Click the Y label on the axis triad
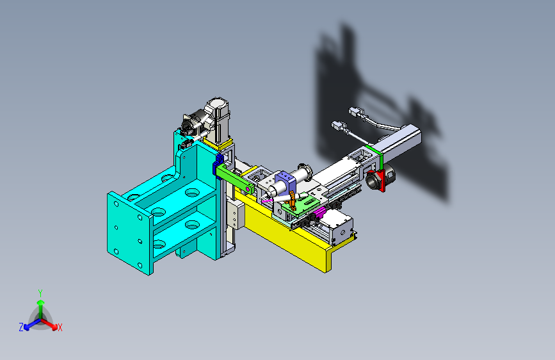point(40,293)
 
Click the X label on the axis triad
point(60,328)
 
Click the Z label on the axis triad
point(21,327)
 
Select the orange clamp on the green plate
point(292,200)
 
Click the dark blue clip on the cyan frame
point(218,165)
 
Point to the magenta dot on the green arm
point(248,190)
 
